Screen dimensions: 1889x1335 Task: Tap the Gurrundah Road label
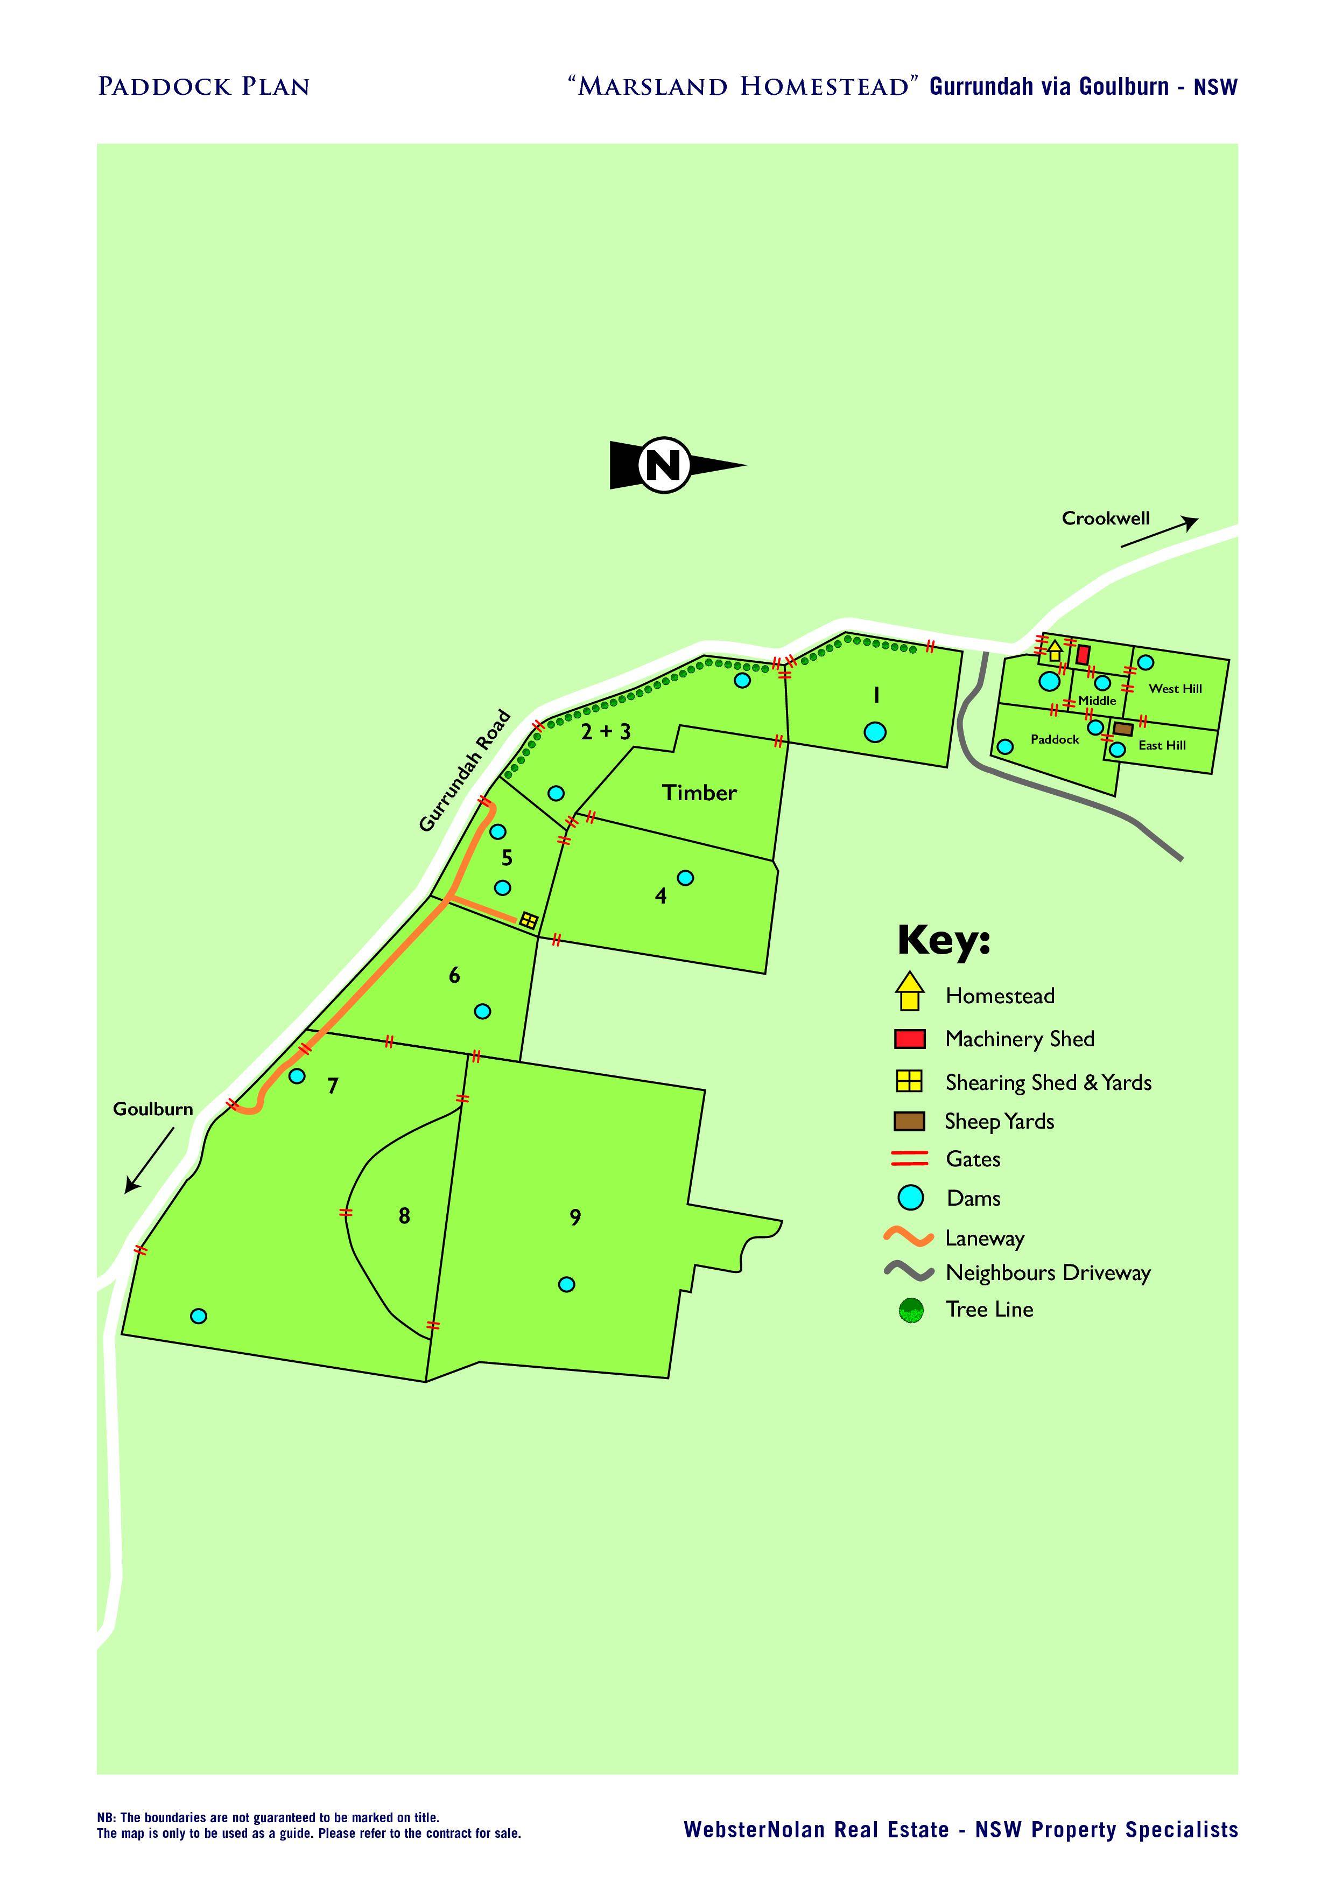(465, 771)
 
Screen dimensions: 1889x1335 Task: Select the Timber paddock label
(699, 792)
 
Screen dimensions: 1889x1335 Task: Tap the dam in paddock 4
(685, 878)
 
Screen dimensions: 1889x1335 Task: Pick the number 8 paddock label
(404, 1216)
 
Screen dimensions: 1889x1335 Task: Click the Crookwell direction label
(1106, 519)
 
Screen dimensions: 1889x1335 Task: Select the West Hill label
(1176, 689)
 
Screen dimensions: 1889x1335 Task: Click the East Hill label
(1162, 745)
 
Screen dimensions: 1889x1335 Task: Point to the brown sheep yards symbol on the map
(1123, 729)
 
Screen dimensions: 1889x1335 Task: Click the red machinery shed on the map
(1083, 655)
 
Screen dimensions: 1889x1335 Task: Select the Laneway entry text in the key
(985, 1238)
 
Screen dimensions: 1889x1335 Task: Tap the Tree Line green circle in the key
(911, 1311)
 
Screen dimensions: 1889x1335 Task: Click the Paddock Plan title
(204, 86)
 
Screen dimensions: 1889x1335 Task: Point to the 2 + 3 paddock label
(606, 731)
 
